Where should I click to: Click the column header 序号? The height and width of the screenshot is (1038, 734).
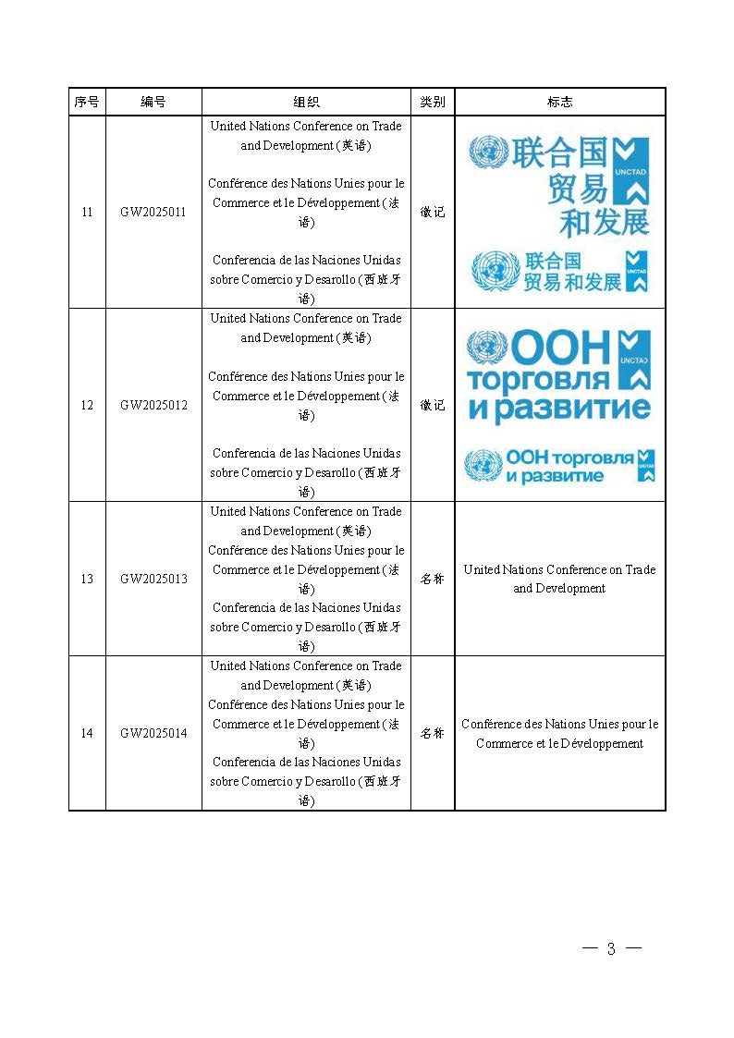click(x=87, y=102)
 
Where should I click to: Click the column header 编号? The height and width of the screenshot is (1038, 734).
click(x=153, y=102)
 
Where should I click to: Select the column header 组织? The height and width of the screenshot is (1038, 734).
click(x=306, y=102)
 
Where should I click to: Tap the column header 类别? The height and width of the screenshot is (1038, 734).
click(x=433, y=102)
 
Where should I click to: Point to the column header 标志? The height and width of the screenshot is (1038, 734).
click(x=559, y=102)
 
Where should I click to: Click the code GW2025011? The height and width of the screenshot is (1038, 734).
click(x=153, y=212)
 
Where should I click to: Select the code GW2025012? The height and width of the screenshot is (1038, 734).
click(x=153, y=405)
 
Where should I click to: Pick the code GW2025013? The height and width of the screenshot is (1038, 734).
click(x=153, y=579)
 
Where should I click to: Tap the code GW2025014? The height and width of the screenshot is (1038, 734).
click(x=153, y=733)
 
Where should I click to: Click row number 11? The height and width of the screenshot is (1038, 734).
click(x=87, y=212)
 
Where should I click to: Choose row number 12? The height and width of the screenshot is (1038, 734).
click(x=87, y=405)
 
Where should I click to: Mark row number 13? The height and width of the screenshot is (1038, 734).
click(x=87, y=579)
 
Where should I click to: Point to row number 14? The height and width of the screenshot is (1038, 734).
click(x=87, y=733)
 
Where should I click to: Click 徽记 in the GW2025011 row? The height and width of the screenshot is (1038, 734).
click(x=433, y=212)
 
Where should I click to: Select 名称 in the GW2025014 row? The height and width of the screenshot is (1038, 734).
click(x=433, y=733)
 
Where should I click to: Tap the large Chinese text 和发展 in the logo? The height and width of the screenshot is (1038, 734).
click(x=604, y=222)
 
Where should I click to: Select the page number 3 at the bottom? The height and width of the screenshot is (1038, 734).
click(x=611, y=949)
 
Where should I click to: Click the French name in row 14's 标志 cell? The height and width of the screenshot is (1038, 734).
click(x=559, y=734)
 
